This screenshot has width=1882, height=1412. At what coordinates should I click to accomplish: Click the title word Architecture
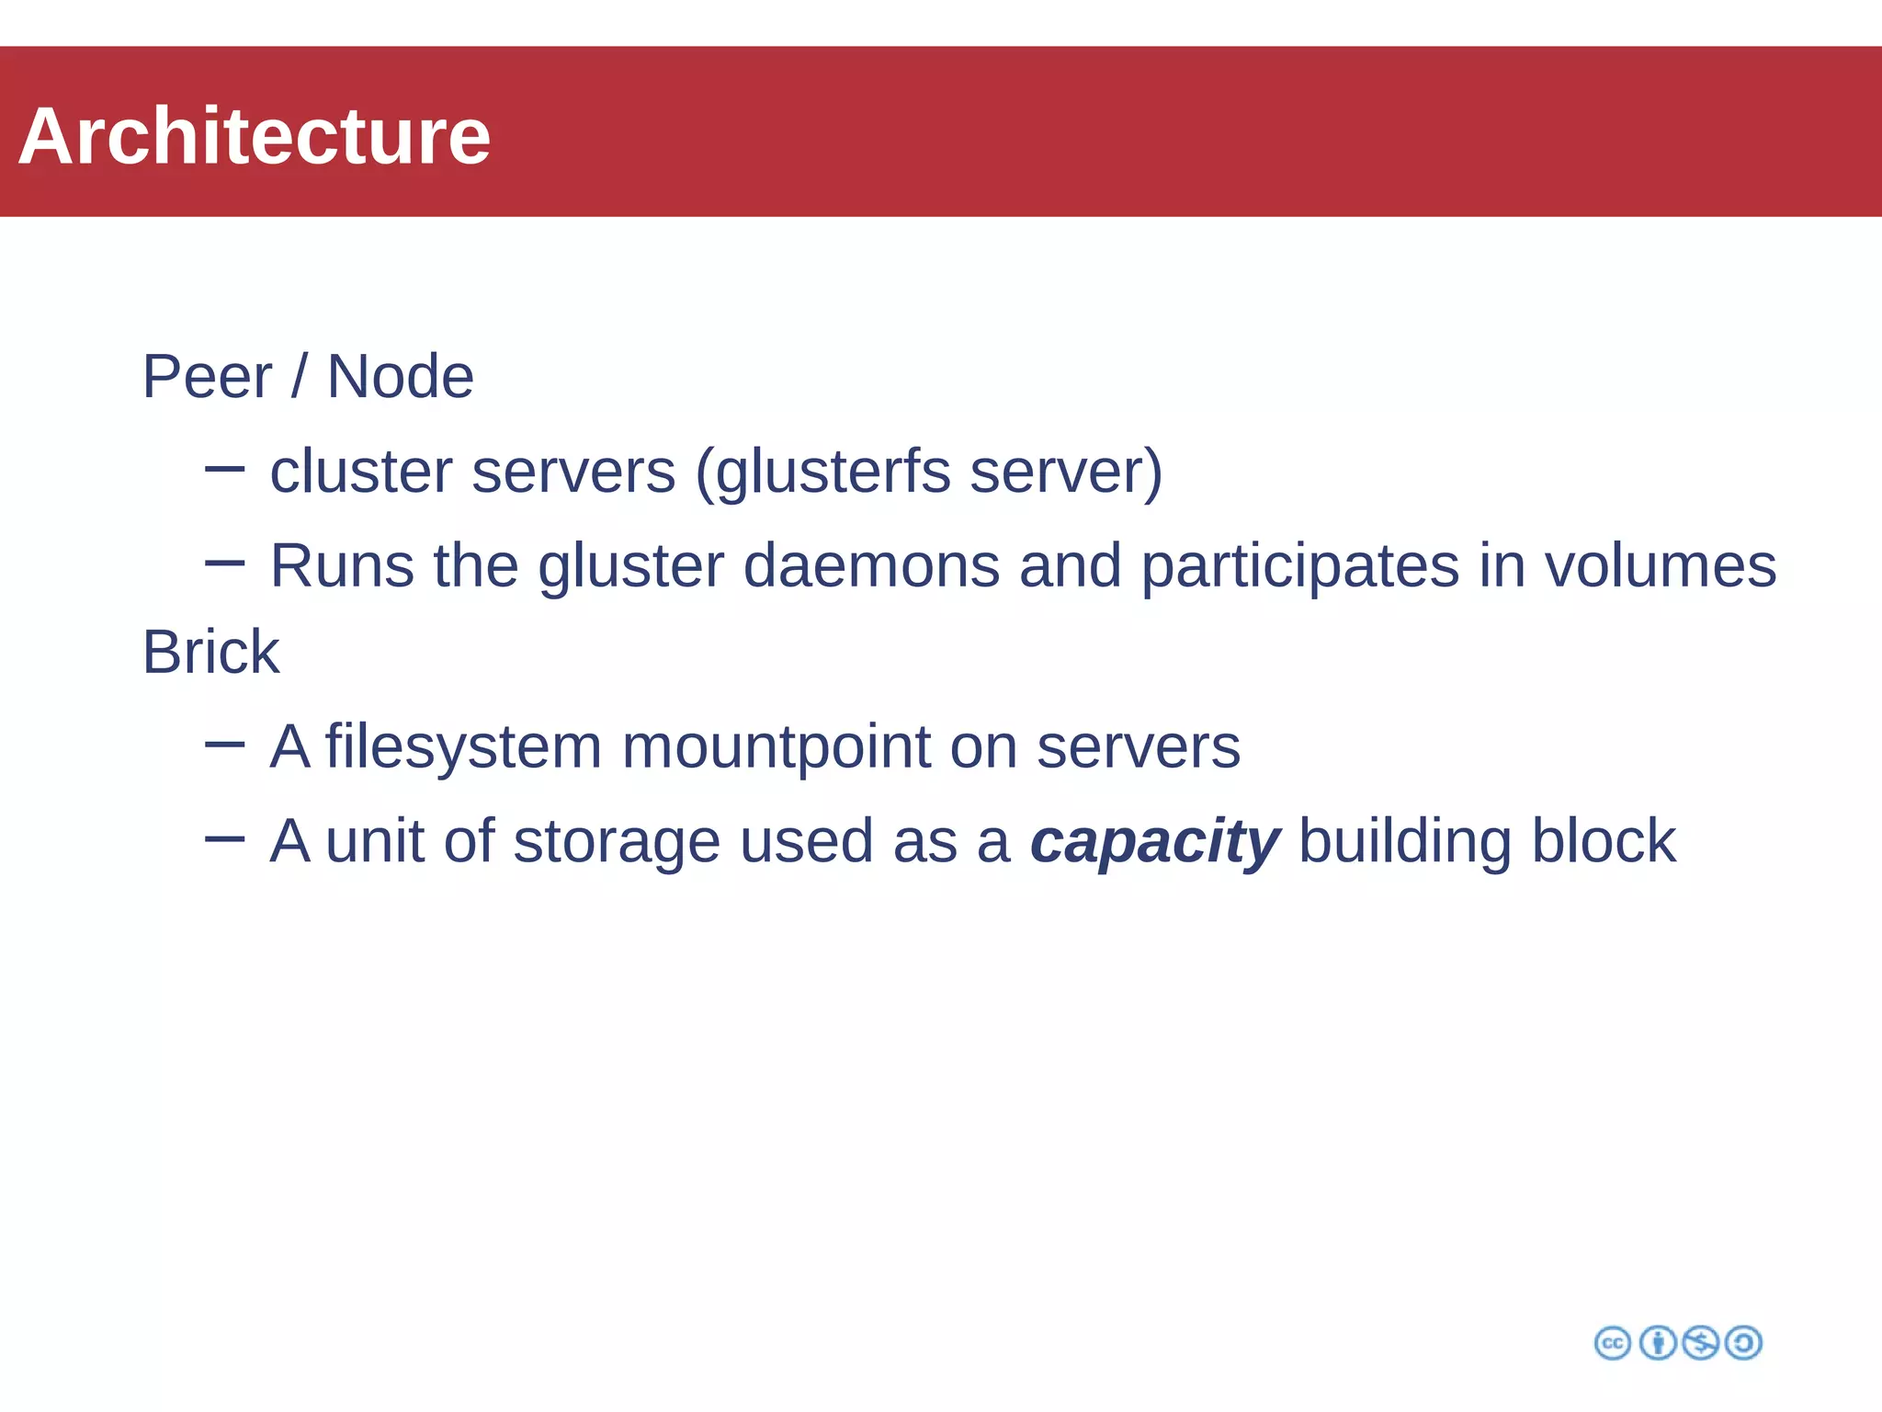[x=255, y=136]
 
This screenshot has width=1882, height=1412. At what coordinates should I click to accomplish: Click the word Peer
[x=207, y=377]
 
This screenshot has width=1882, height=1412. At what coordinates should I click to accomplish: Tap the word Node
[x=400, y=377]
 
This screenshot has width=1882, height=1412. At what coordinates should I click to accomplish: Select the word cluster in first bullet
[x=360, y=472]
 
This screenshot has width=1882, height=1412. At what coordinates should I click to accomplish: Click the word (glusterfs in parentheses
[x=822, y=473]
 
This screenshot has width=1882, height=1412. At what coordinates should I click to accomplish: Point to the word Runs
[x=342, y=565]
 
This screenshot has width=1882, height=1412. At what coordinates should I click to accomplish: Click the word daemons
[x=870, y=565]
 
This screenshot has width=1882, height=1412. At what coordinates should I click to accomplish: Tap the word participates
[x=1299, y=567]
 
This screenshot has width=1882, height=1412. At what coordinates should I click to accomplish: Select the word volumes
[x=1660, y=565]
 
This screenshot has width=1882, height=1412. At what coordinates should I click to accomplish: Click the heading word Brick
[x=210, y=653]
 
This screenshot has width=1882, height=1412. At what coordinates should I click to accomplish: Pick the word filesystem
[x=463, y=747]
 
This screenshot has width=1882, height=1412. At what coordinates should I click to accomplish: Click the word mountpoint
[x=777, y=747]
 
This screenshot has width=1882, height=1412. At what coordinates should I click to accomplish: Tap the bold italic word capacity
[x=1154, y=843]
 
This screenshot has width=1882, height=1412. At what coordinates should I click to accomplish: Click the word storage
[x=616, y=843]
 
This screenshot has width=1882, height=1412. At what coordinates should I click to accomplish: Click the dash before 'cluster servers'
[x=224, y=470]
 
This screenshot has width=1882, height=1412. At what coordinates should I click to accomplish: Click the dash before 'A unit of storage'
[x=224, y=838]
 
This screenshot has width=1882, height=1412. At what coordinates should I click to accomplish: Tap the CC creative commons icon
[x=1612, y=1343]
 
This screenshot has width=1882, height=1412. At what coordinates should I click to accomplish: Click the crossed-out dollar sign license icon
[x=1700, y=1343]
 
